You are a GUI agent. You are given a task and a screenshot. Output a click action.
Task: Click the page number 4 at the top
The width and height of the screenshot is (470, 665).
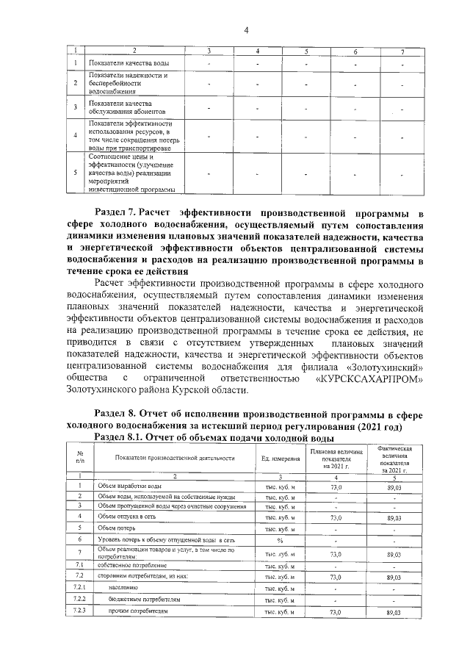247,30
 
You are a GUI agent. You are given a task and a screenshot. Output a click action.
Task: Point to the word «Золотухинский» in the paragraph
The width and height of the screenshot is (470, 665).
381,366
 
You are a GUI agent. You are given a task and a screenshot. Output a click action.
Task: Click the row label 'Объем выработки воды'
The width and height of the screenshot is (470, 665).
130,486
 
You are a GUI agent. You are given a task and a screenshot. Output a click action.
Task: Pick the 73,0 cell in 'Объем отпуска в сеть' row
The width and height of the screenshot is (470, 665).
337,517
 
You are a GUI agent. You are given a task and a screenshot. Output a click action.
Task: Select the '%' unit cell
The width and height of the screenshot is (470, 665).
280,540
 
